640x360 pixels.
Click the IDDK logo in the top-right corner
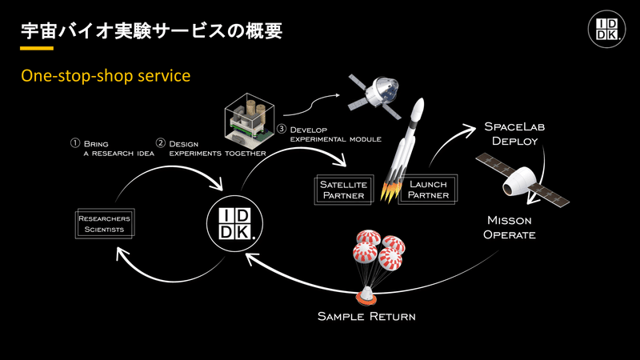[606, 29]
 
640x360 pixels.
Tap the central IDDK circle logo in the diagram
[234, 223]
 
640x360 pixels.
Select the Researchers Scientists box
[105, 223]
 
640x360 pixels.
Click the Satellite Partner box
[344, 190]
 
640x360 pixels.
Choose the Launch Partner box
[428, 190]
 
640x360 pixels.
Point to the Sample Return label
[366, 316]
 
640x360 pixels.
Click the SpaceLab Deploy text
[514, 134]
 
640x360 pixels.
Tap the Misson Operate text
[510, 228]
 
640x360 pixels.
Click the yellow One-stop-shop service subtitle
[106, 76]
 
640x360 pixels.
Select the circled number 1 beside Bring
[74, 143]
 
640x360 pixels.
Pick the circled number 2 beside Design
[161, 143]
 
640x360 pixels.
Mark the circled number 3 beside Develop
[282, 129]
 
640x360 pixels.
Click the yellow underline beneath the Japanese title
[37, 48]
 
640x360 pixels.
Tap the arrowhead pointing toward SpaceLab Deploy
[470, 130]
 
